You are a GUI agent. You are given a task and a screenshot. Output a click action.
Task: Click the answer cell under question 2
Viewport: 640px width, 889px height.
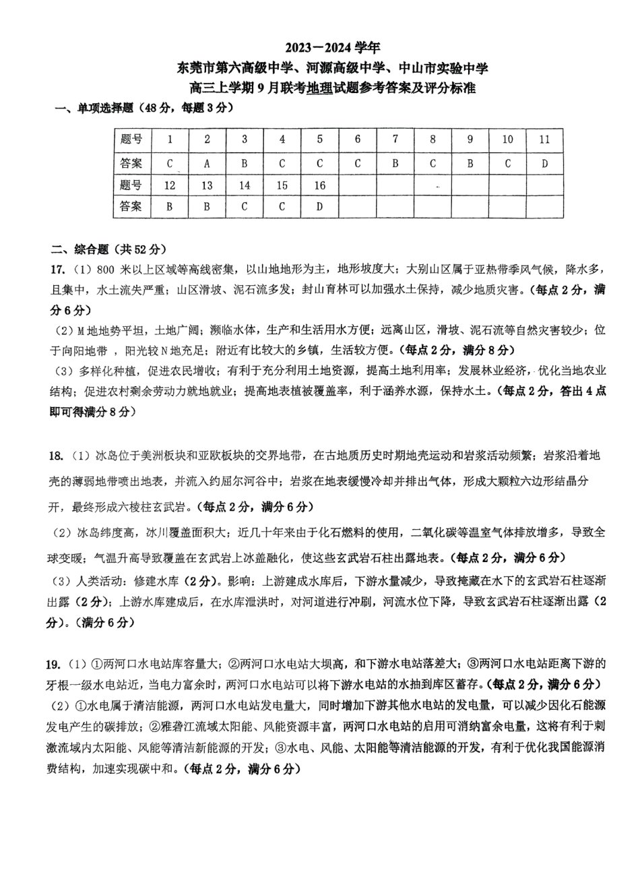pyautogui.click(x=207, y=163)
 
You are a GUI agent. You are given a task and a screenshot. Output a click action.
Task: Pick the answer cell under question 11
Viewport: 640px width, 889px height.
pyautogui.click(x=544, y=163)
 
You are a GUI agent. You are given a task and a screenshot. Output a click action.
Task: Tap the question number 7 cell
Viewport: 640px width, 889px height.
pyautogui.click(x=395, y=140)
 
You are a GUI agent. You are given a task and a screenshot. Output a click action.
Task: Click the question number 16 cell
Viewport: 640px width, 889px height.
pyautogui.click(x=319, y=185)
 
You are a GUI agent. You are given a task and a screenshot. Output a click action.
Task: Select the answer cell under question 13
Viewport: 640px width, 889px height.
pyautogui.click(x=207, y=207)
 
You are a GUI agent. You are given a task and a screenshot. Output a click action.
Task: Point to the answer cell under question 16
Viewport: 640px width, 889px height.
pyautogui.click(x=319, y=207)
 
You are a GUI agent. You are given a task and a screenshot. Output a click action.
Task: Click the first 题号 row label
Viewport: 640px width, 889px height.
pyautogui.click(x=131, y=140)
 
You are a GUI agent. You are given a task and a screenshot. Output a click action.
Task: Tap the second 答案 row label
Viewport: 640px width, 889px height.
pyautogui.click(x=131, y=207)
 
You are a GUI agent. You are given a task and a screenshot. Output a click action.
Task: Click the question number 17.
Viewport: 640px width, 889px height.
pyautogui.click(x=57, y=270)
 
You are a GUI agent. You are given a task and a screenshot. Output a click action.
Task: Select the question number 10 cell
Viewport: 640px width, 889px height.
pyautogui.click(x=507, y=140)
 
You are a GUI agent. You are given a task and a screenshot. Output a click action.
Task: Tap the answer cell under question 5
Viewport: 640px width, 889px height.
pyautogui.click(x=319, y=163)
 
